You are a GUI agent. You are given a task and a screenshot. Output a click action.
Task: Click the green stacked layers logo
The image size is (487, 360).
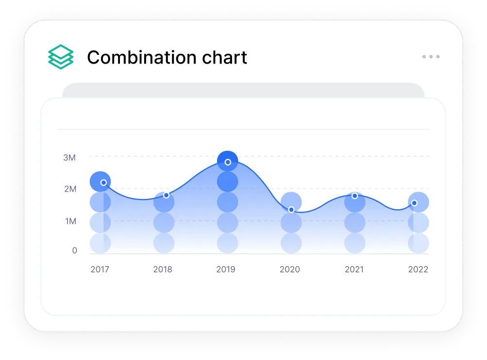pos(61,57)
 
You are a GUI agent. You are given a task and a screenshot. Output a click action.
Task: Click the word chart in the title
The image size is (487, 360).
pos(224,58)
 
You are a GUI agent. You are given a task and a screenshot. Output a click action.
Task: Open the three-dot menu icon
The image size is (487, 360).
pos(431,57)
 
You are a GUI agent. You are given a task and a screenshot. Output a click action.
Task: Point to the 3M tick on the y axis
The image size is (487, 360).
pos(69,158)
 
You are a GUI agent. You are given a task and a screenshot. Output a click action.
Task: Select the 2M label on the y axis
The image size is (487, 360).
pos(70,189)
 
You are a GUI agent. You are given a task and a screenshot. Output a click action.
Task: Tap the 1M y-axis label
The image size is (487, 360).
pos(70,221)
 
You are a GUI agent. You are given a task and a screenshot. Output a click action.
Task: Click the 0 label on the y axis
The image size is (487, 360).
pos(74,250)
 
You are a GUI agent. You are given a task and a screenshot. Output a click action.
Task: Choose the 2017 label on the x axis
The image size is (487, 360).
pos(100,269)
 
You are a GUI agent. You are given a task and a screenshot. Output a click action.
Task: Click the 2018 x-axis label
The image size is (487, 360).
pos(163,269)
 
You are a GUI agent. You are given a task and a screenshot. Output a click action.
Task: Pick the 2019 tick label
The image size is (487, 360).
pos(226,269)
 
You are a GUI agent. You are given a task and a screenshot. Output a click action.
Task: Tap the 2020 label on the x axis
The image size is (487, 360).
pos(290,269)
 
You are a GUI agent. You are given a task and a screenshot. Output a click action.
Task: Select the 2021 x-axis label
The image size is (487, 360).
pos(354,269)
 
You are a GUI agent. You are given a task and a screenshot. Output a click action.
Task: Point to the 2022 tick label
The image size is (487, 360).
pos(418,269)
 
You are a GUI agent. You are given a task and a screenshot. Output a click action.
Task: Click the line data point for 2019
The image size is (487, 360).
pos(228,162)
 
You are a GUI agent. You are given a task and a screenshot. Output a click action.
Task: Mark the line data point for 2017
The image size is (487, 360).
pos(103,182)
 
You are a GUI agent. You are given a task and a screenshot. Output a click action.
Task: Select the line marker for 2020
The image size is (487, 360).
pos(291,210)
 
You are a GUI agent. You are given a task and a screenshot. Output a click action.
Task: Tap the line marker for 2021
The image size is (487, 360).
pos(354,196)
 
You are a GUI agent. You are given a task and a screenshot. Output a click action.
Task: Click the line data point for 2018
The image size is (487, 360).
pos(166,195)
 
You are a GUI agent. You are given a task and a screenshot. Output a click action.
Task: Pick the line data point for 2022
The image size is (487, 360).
pos(414,203)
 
